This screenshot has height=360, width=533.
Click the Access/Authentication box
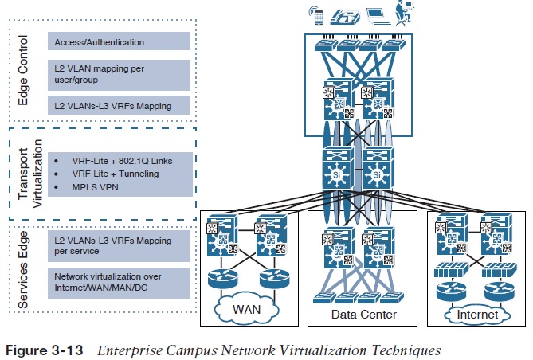pos(119,42)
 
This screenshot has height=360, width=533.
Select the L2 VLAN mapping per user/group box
pos(119,73)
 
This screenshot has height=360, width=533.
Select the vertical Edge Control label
pos(23,73)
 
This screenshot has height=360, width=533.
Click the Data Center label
pos(363,315)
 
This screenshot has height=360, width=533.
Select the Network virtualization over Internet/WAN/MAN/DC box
pos(119,281)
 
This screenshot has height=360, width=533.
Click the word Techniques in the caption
pos(407,348)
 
